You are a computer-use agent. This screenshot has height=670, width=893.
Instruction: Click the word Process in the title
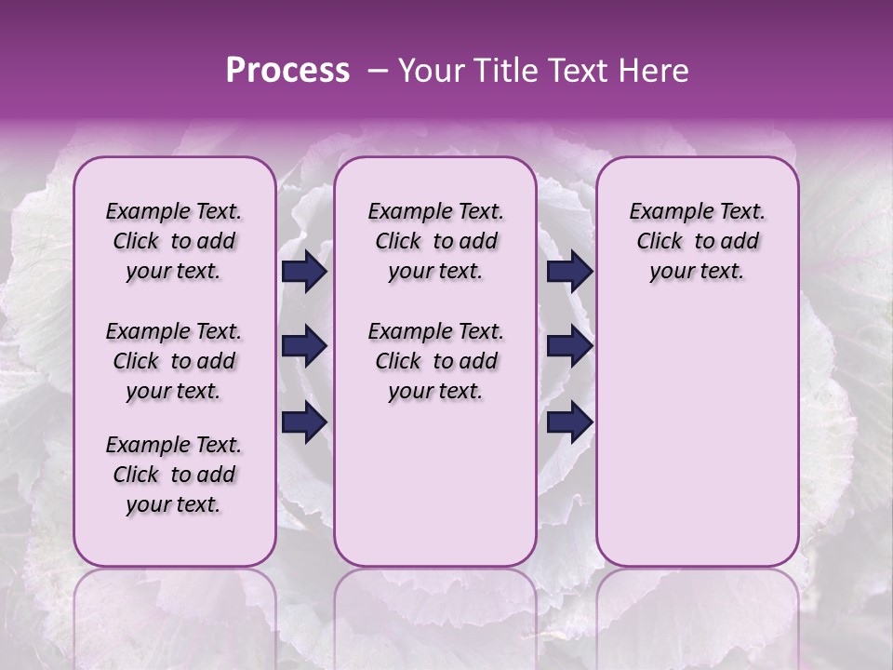click(287, 71)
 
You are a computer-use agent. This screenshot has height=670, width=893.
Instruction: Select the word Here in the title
click(655, 71)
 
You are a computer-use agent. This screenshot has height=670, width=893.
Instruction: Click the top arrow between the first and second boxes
click(304, 272)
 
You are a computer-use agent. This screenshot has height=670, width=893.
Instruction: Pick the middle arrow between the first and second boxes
click(304, 347)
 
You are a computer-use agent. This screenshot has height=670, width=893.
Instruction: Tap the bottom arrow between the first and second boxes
click(304, 423)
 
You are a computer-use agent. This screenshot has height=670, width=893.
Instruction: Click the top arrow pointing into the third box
click(569, 272)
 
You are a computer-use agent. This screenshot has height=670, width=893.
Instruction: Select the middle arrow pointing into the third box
click(569, 347)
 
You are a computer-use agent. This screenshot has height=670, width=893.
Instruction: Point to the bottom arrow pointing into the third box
click(569, 423)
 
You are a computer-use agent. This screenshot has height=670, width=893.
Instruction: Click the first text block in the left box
click(174, 241)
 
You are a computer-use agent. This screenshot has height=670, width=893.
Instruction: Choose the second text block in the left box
click(174, 361)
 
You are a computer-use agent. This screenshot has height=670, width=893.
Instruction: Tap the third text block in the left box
click(174, 475)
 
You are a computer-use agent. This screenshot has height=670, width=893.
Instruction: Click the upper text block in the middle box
click(435, 241)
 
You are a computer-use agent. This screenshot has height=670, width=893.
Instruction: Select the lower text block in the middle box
click(435, 361)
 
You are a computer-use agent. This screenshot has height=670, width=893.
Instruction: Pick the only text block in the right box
click(697, 241)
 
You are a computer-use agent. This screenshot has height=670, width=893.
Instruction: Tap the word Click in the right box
click(660, 242)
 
